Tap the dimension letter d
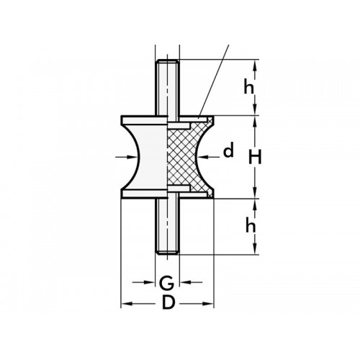point(229,152)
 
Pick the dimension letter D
point(167,302)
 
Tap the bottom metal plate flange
point(144,193)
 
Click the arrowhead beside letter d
point(207,156)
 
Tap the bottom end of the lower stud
point(167,252)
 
